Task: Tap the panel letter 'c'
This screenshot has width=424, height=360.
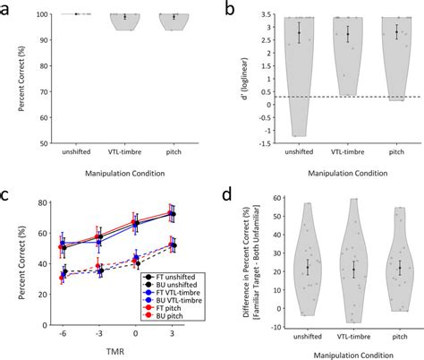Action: tap(8, 193)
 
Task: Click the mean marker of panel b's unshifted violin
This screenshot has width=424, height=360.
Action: tap(300, 34)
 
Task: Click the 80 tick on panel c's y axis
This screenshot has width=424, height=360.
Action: tap(42, 201)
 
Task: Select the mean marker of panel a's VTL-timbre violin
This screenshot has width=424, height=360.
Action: tap(124, 16)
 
